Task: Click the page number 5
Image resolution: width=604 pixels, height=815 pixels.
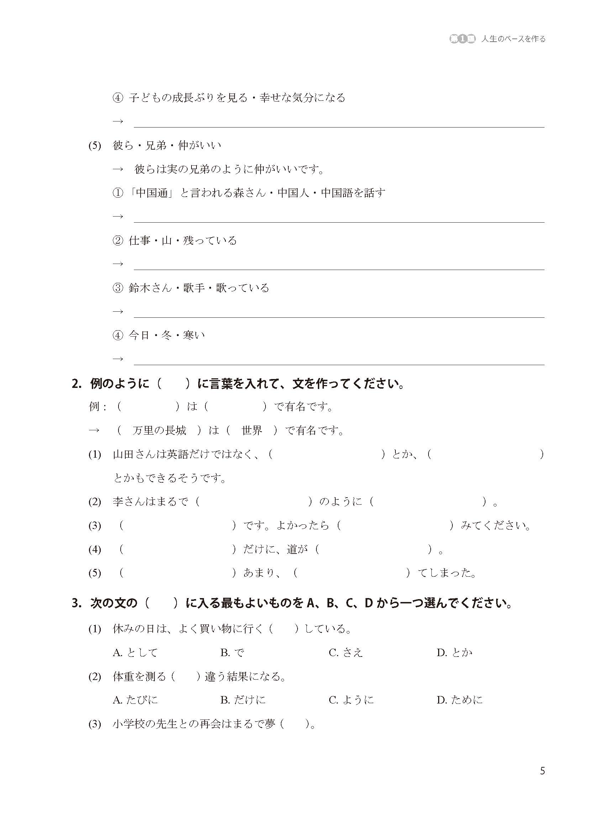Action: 542,771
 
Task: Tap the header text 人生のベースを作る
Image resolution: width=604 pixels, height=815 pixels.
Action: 513,39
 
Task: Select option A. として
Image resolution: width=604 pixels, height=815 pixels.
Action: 135,653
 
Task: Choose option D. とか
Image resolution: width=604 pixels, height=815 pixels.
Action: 455,653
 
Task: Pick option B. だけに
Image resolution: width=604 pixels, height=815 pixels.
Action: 243,700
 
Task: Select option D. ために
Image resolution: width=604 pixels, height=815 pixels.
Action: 459,700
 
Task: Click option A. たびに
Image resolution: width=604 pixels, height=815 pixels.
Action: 135,700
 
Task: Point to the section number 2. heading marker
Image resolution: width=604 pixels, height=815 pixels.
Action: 77,384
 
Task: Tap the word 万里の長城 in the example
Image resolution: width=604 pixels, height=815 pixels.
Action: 159,431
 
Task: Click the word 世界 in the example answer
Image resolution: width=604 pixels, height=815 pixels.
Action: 252,431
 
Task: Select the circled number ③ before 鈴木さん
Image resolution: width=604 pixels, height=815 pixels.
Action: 118,288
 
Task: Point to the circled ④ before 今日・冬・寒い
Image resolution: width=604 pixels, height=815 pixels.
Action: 118,335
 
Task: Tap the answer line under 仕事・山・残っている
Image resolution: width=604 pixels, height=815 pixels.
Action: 338,269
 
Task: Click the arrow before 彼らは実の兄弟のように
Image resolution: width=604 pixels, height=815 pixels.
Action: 118,169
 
